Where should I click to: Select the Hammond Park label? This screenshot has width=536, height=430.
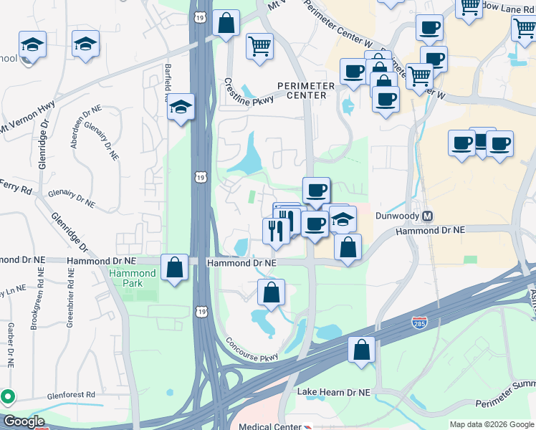click(x=133, y=278)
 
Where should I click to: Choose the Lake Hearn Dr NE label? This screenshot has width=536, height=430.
click(x=334, y=393)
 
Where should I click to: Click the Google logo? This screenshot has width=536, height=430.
click(x=23, y=421)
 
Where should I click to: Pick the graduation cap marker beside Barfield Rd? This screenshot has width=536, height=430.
click(x=181, y=108)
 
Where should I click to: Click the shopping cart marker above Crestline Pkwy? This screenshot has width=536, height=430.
click(x=259, y=47)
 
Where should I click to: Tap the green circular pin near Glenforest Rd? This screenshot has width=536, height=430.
click(x=8, y=396)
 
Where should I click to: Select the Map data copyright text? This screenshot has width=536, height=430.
click(x=491, y=424)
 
